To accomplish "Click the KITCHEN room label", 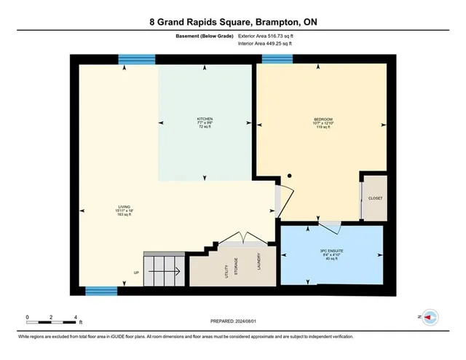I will coord(205,120).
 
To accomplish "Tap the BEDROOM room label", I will coord(323,120).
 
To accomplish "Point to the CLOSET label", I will coord(375,198).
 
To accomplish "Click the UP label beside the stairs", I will coord(135,273).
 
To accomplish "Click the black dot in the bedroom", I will coord(289,176).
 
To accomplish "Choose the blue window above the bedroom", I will coord(277,59).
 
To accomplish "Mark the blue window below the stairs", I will coord(101,291).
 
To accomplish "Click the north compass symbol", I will coord(430,318).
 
